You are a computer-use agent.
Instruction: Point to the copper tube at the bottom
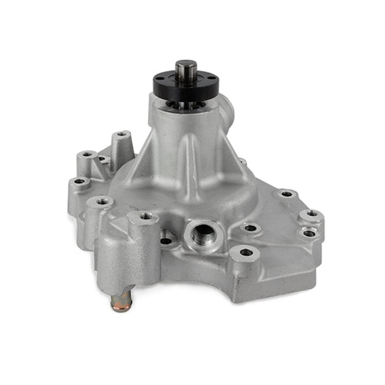tap(121, 302)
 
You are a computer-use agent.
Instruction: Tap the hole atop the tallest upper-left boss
tap(121, 134)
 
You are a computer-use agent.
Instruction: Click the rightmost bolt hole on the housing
tap(311, 215)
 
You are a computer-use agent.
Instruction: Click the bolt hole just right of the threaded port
tap(250, 228)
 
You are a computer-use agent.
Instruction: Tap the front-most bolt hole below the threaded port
tap(246, 253)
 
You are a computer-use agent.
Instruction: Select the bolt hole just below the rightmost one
tap(309, 233)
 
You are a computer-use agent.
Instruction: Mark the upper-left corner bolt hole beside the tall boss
tap(88, 155)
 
